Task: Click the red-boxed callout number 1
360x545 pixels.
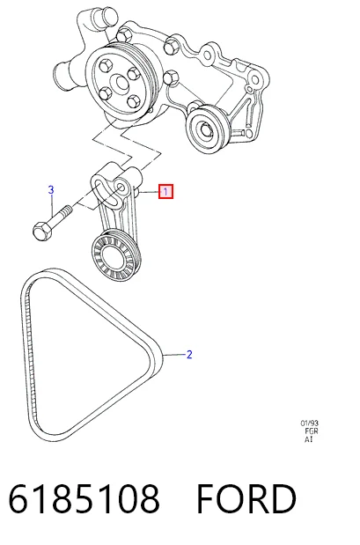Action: tap(165, 192)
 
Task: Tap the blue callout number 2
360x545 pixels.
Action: tap(189, 355)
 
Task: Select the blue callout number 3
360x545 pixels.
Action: tap(51, 190)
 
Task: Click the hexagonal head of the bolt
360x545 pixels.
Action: tap(42, 232)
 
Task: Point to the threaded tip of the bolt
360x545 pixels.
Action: tap(68, 210)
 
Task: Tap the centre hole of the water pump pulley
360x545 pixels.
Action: tap(121, 83)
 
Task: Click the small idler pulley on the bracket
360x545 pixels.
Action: tap(207, 129)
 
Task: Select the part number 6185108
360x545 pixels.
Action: tap(84, 498)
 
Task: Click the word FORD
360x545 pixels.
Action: tap(246, 498)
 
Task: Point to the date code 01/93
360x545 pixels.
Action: tap(309, 423)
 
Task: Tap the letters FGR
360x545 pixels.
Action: tap(312, 431)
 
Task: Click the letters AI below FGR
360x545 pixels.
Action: tap(309, 439)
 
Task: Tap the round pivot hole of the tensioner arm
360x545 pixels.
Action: tap(121, 188)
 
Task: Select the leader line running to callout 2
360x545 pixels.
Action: tap(174, 355)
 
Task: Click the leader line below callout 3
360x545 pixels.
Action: tap(52, 205)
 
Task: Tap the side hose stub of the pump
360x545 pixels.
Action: tap(62, 74)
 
